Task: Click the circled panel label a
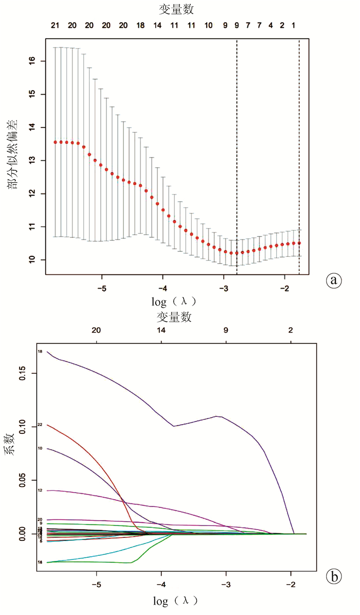tap(334, 280)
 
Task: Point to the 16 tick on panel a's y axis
tap(33, 61)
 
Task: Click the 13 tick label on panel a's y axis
tap(33, 161)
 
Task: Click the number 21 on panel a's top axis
tap(55, 25)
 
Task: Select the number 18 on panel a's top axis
tap(140, 25)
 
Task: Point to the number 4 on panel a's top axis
tap(271, 25)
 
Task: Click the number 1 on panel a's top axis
tap(294, 25)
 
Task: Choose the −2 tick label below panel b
tap(291, 586)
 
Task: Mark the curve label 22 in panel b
tap(40, 425)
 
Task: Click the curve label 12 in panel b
tap(40, 490)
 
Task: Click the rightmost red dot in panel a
tap(299, 243)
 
